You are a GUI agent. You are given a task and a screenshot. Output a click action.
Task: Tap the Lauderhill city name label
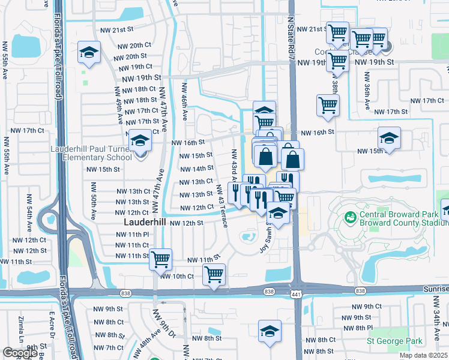click(144, 222)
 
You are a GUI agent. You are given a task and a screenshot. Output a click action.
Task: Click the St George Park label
click(394, 341)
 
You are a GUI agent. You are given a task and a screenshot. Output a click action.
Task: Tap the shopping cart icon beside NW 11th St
click(160, 259)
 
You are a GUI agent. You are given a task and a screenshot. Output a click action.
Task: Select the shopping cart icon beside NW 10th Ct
click(214, 275)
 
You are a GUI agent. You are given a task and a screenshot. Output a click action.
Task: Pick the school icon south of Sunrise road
click(270, 331)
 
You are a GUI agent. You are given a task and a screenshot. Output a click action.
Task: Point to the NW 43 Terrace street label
click(222, 205)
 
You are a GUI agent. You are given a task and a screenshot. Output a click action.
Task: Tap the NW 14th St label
click(196, 169)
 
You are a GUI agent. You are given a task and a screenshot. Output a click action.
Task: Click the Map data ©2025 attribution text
click(423, 355)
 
